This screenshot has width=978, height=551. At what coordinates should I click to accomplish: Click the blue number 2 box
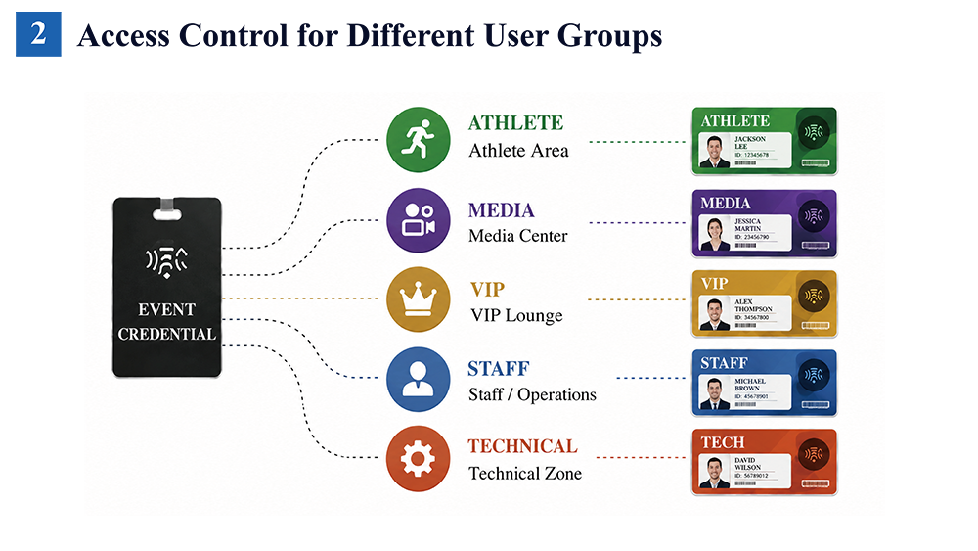click(38, 34)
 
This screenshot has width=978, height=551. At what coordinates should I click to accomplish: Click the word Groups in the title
click(609, 36)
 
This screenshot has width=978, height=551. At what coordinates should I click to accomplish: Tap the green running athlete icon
click(418, 139)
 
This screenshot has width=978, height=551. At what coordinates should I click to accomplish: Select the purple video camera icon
click(418, 220)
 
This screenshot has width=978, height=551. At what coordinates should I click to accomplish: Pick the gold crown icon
click(418, 299)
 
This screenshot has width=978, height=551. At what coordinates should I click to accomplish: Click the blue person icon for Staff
click(418, 380)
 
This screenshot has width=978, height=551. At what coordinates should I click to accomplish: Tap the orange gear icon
click(418, 459)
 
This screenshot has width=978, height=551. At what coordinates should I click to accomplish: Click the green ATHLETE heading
click(515, 123)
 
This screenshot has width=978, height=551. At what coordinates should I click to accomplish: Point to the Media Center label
click(517, 236)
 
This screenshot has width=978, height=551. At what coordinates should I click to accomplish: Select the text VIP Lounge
click(516, 316)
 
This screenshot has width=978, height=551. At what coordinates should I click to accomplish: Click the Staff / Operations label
click(532, 395)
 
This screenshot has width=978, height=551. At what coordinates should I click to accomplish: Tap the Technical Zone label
click(525, 474)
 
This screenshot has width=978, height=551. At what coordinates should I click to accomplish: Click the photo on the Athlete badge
click(714, 152)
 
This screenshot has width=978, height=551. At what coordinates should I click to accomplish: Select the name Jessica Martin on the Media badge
click(748, 225)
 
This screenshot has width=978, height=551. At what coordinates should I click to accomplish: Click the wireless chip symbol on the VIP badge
click(814, 296)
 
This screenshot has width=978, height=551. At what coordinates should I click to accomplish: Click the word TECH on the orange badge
click(723, 442)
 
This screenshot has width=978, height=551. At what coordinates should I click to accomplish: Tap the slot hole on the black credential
click(166, 214)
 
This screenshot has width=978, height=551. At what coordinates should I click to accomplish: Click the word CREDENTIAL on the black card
click(167, 335)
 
